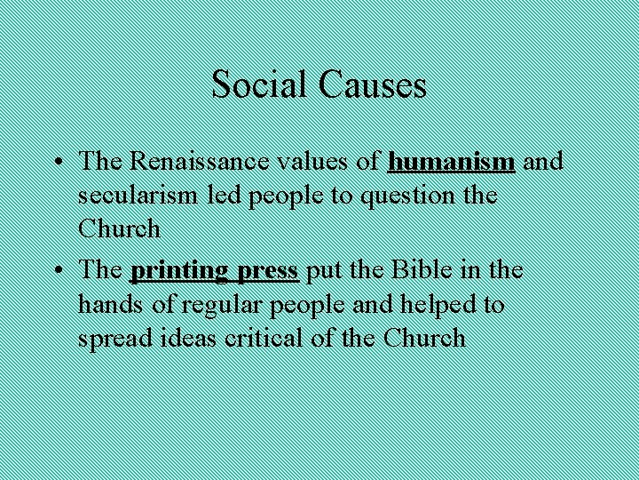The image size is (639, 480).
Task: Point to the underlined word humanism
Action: [452, 161]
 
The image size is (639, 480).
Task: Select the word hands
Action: [104, 304]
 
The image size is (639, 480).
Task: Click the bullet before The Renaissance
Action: [57, 163]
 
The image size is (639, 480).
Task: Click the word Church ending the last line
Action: [424, 338]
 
